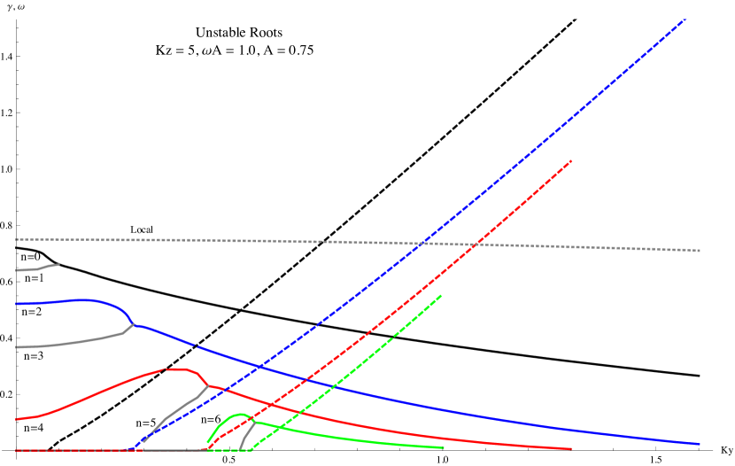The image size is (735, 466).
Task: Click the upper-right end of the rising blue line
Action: (x=685, y=19)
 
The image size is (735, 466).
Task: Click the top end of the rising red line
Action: (x=572, y=160)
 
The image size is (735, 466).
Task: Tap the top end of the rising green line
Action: (x=441, y=296)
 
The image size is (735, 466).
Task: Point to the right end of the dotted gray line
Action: (x=700, y=251)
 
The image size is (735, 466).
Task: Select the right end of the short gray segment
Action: (x=58, y=264)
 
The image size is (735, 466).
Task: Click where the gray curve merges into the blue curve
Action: (x=134, y=324)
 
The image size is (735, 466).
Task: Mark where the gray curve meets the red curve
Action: (x=209, y=385)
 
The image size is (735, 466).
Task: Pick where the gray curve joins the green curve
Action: (x=254, y=421)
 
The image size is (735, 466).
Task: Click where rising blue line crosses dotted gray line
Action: (x=426, y=242)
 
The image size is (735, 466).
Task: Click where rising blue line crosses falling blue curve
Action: (x=258, y=366)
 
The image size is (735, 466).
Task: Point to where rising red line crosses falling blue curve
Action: (x=306, y=380)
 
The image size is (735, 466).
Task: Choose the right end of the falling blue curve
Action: (x=700, y=444)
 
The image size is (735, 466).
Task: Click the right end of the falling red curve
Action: (x=571, y=448)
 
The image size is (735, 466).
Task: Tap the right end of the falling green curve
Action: (x=443, y=447)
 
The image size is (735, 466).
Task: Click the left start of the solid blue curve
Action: (x=16, y=304)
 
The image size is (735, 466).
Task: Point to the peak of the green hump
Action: (x=239, y=414)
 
